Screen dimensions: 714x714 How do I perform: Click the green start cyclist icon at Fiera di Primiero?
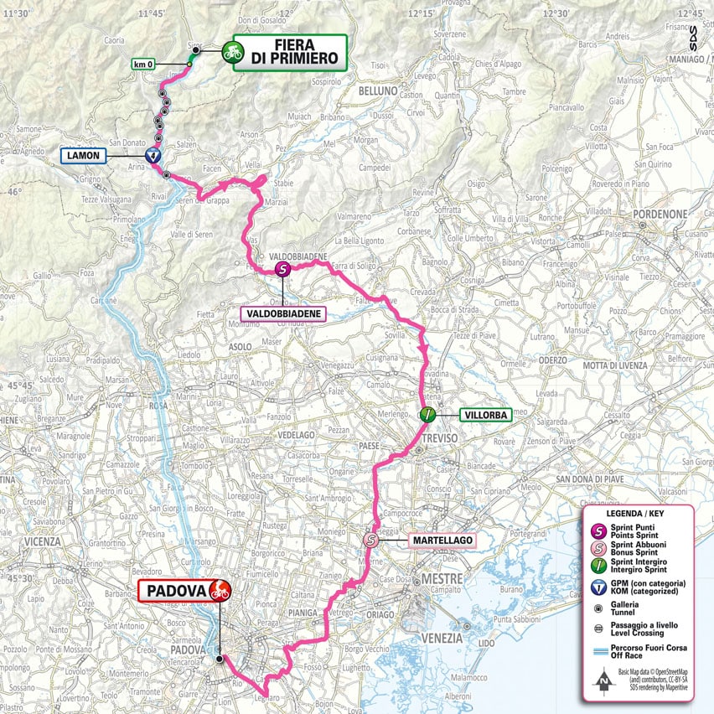(x=232, y=53)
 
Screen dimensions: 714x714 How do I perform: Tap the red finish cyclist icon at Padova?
(x=220, y=590)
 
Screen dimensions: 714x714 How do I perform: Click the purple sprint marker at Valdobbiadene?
(x=283, y=269)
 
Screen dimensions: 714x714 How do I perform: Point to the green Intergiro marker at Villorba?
(x=427, y=414)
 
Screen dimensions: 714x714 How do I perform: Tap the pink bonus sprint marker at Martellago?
(x=371, y=541)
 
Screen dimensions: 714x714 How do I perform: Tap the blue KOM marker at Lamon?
(x=153, y=155)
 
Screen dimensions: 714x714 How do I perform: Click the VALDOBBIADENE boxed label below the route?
(x=282, y=313)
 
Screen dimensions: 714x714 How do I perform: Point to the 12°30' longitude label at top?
(x=555, y=13)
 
